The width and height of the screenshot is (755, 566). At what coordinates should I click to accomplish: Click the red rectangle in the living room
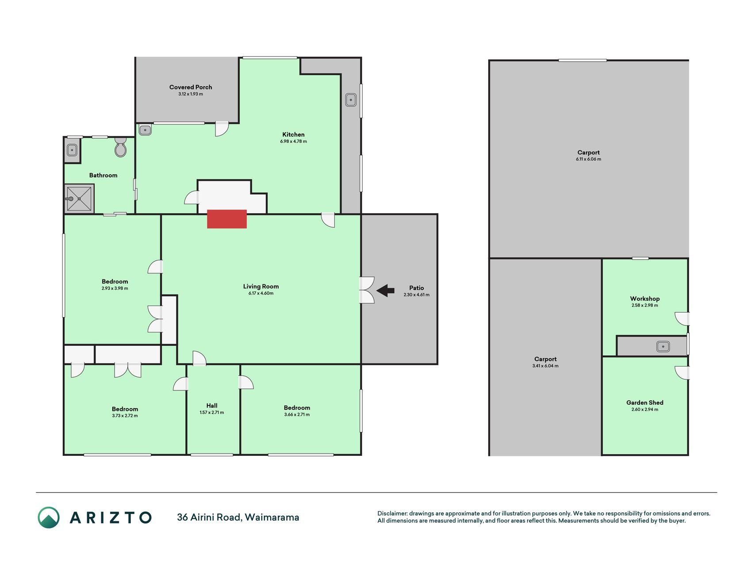(227, 219)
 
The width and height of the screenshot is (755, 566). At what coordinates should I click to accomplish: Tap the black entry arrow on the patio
(385, 291)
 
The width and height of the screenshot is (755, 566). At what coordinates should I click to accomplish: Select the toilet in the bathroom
(120, 147)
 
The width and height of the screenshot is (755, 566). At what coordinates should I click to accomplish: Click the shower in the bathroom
(80, 199)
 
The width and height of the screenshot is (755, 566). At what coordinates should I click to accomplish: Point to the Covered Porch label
(191, 87)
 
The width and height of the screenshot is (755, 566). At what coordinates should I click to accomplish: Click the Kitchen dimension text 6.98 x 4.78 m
(293, 141)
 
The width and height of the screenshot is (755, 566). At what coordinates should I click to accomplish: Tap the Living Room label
(261, 286)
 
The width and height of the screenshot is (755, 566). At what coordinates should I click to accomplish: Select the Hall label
(212, 405)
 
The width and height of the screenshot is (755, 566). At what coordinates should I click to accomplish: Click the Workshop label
(645, 298)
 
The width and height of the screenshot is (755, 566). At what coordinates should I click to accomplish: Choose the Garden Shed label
(645, 402)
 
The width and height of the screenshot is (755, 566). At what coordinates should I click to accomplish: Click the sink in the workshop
(663, 347)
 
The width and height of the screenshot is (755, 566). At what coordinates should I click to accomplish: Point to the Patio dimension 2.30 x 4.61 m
(417, 295)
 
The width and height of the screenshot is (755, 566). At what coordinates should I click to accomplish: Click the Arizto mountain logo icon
(48, 517)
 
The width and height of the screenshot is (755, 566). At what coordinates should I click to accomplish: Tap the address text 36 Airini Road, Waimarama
(238, 517)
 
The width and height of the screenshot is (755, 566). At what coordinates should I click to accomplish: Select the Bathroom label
(103, 175)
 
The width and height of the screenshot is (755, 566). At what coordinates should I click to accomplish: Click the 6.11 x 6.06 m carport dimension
(589, 159)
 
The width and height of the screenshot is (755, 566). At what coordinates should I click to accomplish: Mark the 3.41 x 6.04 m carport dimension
(545, 366)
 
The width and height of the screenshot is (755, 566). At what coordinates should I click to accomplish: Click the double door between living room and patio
(367, 290)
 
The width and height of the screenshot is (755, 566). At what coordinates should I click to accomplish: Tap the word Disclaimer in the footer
(392, 514)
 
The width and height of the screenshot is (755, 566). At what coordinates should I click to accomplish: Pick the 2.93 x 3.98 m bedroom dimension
(115, 288)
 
